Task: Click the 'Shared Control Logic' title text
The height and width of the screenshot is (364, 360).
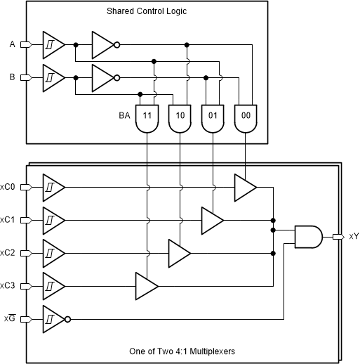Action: click(146, 12)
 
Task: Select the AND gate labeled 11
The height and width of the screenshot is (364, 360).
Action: click(147, 118)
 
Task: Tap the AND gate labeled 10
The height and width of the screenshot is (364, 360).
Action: click(180, 118)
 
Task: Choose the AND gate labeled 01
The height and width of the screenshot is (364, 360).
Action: click(213, 118)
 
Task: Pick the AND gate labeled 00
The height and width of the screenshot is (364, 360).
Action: click(245, 118)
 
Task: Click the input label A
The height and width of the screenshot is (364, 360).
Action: click(12, 44)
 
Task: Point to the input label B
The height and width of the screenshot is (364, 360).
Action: click(12, 77)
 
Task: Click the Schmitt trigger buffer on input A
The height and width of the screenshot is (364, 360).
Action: click(53, 44)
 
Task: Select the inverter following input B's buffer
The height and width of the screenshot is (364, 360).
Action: click(103, 77)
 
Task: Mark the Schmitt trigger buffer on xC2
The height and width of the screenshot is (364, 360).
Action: click(53, 252)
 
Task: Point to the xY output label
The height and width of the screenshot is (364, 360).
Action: click(353, 237)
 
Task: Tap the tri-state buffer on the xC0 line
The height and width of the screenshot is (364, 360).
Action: click(245, 187)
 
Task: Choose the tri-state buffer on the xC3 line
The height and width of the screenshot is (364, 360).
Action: click(146, 286)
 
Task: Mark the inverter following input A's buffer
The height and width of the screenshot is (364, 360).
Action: click(103, 44)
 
